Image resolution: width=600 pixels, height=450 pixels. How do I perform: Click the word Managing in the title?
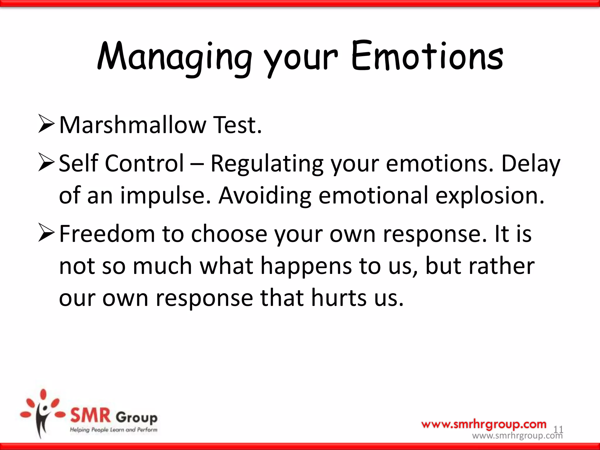point(175,57)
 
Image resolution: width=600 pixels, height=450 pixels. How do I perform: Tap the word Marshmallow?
point(133,125)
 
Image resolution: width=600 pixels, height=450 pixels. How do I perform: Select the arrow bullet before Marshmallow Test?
point(46,124)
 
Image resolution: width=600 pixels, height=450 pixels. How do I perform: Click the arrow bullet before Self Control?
point(46,163)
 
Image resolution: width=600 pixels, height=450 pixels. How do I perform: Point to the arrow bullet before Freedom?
point(46,233)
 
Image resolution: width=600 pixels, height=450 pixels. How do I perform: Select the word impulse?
point(166,195)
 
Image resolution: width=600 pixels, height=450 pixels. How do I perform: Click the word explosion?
point(490,195)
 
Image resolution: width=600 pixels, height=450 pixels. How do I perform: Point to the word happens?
point(306,266)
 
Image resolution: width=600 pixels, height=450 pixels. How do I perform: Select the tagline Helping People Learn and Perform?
point(113,430)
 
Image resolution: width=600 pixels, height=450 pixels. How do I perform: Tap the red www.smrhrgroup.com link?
point(484,424)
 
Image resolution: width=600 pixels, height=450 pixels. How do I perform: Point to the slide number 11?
point(558,429)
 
